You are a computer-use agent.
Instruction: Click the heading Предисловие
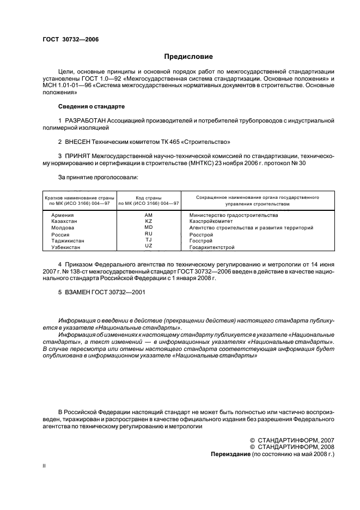[188, 56]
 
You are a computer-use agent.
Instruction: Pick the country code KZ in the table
[149, 221]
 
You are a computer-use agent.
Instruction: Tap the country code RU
[149, 234]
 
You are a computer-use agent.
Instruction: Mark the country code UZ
[149, 246]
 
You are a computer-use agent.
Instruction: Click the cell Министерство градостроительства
[234, 215]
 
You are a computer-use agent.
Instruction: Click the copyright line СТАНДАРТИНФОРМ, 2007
[295, 440]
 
